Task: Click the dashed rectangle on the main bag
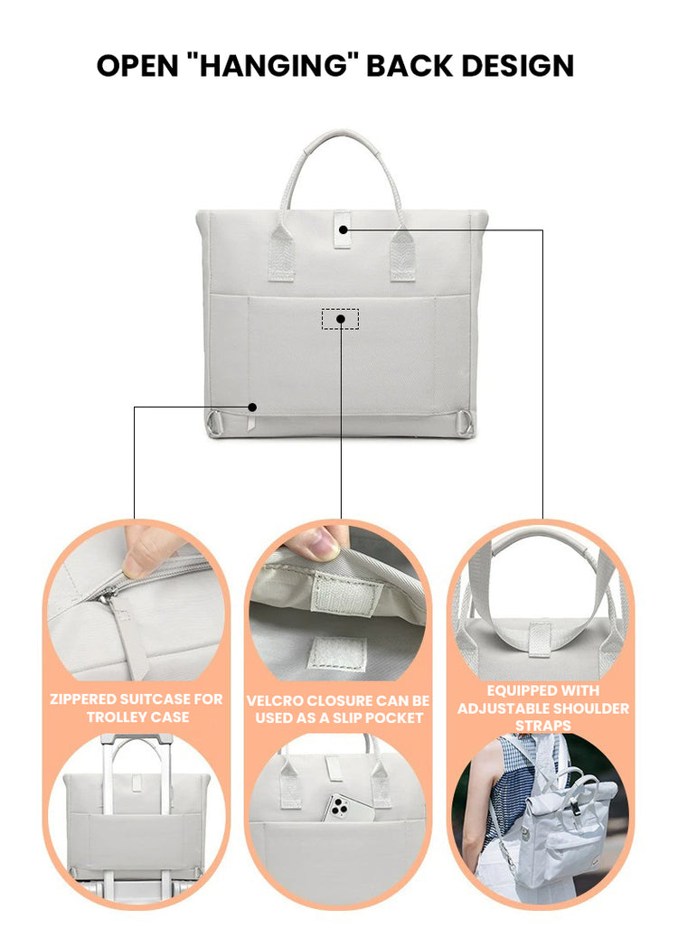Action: (341, 319)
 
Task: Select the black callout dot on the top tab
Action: (344, 230)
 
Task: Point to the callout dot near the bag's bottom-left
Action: (252, 408)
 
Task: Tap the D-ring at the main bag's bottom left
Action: (215, 424)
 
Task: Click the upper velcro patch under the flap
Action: (346, 593)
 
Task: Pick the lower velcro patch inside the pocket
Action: (335, 654)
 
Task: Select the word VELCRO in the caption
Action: (275, 701)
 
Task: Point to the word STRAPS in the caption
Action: (543, 726)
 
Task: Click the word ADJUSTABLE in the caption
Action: (507, 708)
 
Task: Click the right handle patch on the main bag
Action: (402, 255)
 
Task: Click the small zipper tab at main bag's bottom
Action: (251, 423)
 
